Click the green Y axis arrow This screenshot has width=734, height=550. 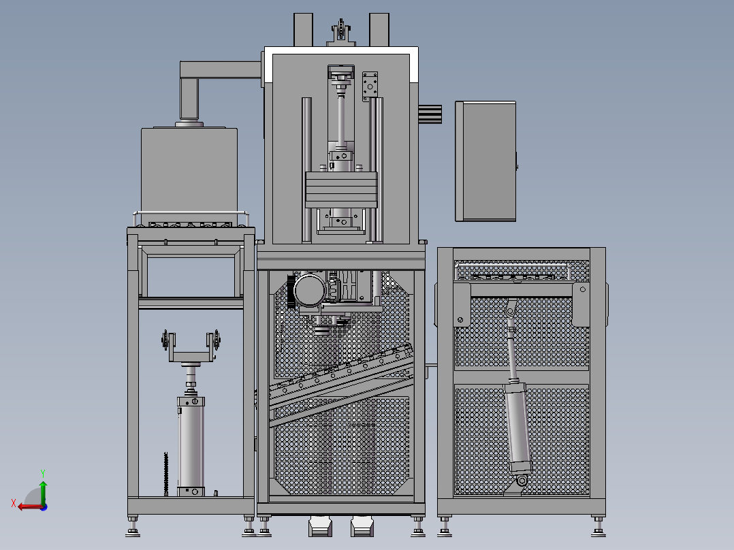43,491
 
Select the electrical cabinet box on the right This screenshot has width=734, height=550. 486,161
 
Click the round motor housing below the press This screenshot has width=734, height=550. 309,290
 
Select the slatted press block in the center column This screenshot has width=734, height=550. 340,190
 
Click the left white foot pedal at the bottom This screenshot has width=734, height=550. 320,526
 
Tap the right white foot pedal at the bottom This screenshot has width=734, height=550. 362,526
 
